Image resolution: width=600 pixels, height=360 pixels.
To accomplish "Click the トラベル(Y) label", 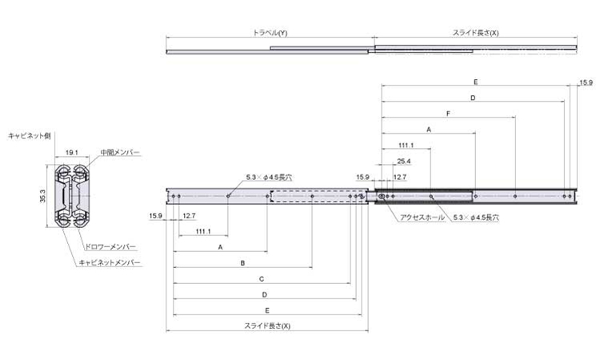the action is (x=270, y=33).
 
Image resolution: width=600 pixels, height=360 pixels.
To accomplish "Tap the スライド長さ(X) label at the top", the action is (x=476, y=33).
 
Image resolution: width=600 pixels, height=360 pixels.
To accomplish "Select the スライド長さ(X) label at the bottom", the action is (x=267, y=326).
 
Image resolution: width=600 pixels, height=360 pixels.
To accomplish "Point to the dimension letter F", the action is (x=448, y=114).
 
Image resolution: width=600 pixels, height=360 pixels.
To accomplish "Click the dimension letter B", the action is (x=242, y=263).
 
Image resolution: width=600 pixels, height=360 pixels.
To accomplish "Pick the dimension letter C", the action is (x=262, y=279).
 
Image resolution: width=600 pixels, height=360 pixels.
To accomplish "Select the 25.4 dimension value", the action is (x=404, y=161).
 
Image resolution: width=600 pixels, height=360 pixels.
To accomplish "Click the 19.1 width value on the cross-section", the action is (x=71, y=152).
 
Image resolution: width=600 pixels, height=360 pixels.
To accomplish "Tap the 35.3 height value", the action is (x=42, y=196).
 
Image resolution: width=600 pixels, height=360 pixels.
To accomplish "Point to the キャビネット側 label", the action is (x=29, y=136).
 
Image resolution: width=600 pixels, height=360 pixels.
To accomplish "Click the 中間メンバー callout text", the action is (x=120, y=152).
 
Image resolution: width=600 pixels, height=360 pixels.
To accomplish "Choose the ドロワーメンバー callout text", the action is (x=110, y=246).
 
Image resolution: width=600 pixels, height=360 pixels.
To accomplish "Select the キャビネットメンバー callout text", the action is (x=110, y=262).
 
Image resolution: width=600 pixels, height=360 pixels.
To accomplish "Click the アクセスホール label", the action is (x=422, y=218).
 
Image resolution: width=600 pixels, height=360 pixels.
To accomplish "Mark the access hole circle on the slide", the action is (x=382, y=196).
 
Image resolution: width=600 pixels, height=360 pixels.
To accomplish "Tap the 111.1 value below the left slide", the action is (x=203, y=231).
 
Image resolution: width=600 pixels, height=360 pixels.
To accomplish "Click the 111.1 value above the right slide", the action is (x=406, y=146).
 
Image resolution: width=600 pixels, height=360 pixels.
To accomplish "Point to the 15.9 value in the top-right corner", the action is (x=586, y=82).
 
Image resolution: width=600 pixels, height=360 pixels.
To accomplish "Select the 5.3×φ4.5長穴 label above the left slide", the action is (x=269, y=177).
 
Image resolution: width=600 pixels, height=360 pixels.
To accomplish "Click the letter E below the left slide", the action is (x=267, y=310).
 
